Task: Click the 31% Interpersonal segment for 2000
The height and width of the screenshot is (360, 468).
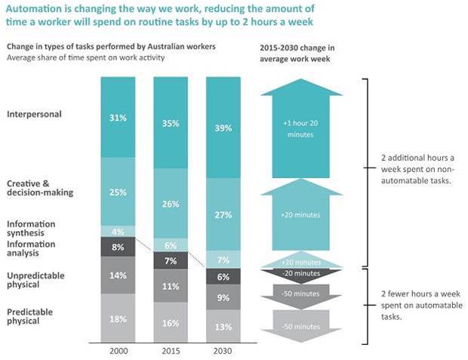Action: [x=118, y=117]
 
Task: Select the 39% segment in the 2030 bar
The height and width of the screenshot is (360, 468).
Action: [x=223, y=128]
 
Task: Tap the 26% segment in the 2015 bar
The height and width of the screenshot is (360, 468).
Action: [x=171, y=203]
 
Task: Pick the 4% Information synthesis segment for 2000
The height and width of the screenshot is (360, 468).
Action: [x=118, y=232]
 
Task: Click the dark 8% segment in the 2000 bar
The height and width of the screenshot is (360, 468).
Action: [x=118, y=247]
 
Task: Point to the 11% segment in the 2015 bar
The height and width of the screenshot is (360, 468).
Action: [x=171, y=286]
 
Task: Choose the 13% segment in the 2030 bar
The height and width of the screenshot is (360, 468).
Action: [x=223, y=326]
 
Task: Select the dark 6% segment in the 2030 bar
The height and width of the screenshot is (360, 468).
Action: [x=223, y=276]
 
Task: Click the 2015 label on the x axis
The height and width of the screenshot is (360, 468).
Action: [x=171, y=351]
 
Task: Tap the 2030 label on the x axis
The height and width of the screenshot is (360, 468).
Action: [x=223, y=351]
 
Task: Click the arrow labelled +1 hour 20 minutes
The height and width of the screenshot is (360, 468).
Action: [x=301, y=128]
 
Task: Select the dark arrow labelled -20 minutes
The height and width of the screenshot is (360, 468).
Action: [x=301, y=273]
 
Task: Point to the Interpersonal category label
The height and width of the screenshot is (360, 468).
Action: [x=34, y=114]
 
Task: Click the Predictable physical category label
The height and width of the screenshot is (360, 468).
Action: [x=30, y=316]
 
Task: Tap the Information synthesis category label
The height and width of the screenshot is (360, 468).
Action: [x=31, y=229]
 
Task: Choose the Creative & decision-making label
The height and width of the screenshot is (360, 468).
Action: [x=40, y=188]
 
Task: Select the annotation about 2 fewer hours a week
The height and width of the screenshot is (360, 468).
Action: [x=421, y=305]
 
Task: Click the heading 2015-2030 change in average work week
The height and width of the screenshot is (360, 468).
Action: [x=297, y=54]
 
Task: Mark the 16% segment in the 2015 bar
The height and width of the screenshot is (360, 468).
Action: [x=171, y=323]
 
